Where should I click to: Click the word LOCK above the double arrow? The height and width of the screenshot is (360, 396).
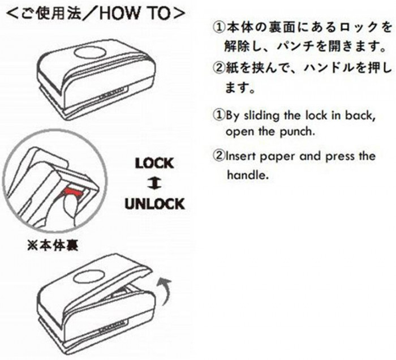point(154,163)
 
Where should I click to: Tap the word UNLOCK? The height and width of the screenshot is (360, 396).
point(155,204)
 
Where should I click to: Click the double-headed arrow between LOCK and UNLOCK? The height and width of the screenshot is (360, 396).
point(154,183)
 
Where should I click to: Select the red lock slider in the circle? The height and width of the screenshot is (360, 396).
point(73,191)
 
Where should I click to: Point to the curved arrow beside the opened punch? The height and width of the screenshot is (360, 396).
point(163,290)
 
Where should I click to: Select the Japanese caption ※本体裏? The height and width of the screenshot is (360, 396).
point(53,245)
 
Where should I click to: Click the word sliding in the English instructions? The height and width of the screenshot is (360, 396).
point(261,116)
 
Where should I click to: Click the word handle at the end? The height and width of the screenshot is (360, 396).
point(248,174)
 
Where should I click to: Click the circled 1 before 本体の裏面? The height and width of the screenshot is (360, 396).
point(218,27)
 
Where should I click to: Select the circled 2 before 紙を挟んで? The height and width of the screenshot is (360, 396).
point(218,68)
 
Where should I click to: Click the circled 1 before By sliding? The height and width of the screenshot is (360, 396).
point(218,115)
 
